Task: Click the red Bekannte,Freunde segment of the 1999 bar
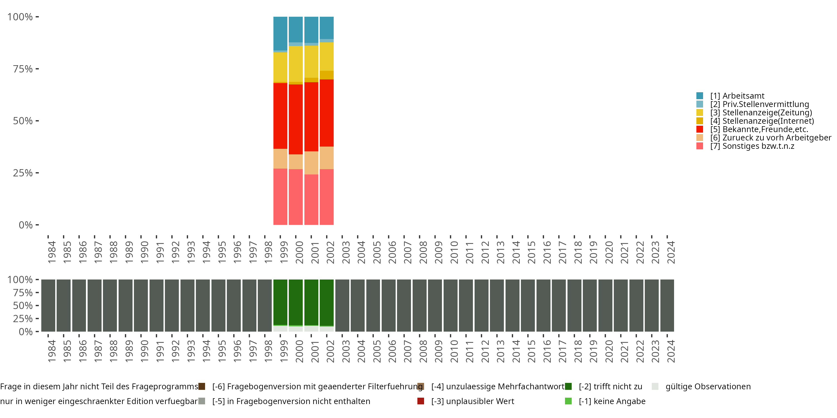[x=280, y=116]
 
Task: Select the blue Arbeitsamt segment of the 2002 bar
[x=326, y=28]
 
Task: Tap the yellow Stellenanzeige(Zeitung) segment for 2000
[x=296, y=64]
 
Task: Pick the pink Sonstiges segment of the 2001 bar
[x=311, y=200]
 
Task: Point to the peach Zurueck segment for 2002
[x=326, y=158]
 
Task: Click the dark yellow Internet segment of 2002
[x=326, y=75]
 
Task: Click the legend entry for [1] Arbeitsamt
[x=737, y=96]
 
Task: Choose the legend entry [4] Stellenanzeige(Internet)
[x=762, y=121]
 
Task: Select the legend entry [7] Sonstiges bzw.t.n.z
[x=752, y=146]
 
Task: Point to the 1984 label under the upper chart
[x=52, y=252]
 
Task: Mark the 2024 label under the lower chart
[x=671, y=351]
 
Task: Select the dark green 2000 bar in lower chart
[x=296, y=302]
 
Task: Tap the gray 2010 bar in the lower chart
[x=450, y=305]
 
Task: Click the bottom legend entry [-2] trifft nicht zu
[x=610, y=387]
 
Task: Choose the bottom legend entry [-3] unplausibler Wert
[x=472, y=401]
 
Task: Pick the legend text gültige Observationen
[x=708, y=387]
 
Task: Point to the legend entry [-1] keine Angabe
[x=612, y=401]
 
